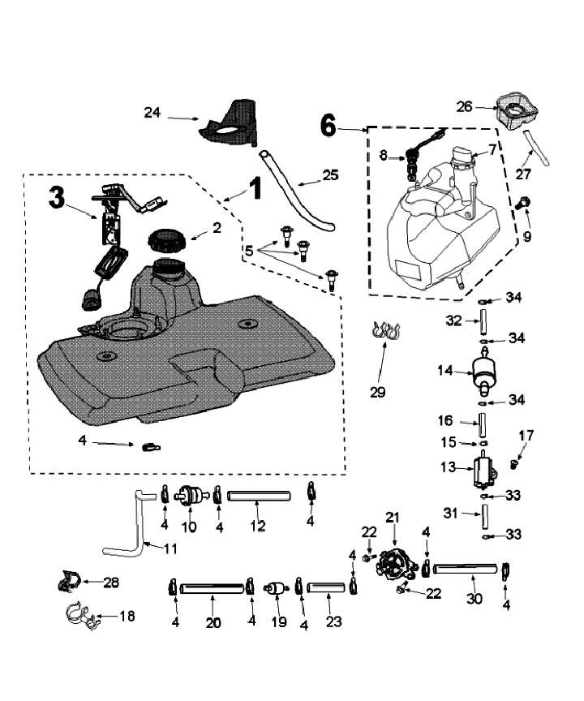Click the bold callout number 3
pyautogui.click(x=57, y=197)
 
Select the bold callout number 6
pyautogui.click(x=328, y=124)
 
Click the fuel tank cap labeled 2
pyautogui.click(x=168, y=240)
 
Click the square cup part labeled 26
pyautogui.click(x=513, y=113)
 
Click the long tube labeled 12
pyautogui.click(x=259, y=494)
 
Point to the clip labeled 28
pyautogui.click(x=70, y=581)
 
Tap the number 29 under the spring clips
pyautogui.click(x=377, y=392)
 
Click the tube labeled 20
pyautogui.click(x=212, y=586)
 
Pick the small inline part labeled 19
pyautogui.click(x=278, y=588)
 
